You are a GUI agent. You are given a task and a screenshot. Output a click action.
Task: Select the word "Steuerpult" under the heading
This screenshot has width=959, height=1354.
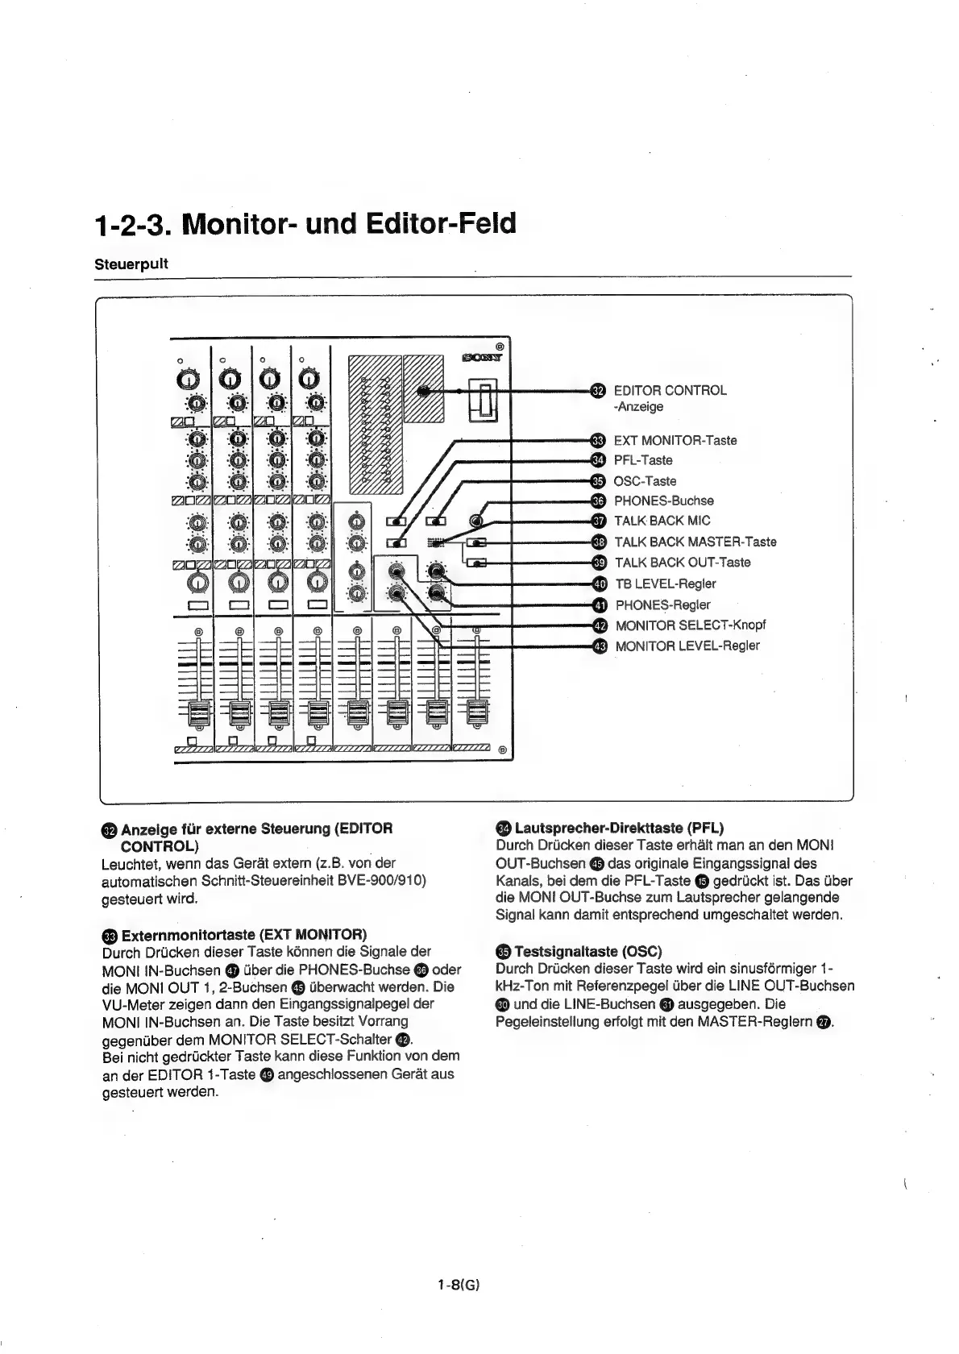[x=131, y=264]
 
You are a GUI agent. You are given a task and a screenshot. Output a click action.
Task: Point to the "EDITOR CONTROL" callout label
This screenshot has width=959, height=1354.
[x=670, y=391]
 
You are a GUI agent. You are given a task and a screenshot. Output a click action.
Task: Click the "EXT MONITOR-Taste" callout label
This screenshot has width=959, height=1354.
[x=675, y=440]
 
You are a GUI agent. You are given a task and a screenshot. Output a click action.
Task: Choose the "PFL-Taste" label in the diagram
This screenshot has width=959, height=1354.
[x=643, y=460]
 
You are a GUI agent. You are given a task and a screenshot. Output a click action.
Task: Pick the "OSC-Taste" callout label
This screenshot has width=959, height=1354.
[x=645, y=481]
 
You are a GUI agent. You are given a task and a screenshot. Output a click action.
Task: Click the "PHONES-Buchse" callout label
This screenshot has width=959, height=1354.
[x=663, y=500]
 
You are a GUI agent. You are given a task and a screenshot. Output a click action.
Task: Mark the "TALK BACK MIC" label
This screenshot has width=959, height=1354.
[x=662, y=521]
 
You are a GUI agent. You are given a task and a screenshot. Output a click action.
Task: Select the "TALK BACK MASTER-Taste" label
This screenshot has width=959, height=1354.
[x=695, y=542]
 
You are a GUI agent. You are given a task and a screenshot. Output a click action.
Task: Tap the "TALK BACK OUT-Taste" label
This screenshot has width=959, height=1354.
[x=683, y=563]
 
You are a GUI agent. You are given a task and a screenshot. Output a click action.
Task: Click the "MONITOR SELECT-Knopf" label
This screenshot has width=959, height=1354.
[x=691, y=625]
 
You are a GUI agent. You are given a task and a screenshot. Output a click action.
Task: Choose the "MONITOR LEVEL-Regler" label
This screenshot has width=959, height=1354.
[x=687, y=646]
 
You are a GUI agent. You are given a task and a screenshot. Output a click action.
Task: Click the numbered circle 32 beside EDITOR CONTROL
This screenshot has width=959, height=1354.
[x=596, y=391]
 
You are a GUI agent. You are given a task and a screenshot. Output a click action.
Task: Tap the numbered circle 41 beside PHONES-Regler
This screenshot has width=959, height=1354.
[x=599, y=604]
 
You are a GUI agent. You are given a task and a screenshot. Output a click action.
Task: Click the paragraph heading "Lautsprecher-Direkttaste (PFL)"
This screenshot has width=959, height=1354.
[x=618, y=828]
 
